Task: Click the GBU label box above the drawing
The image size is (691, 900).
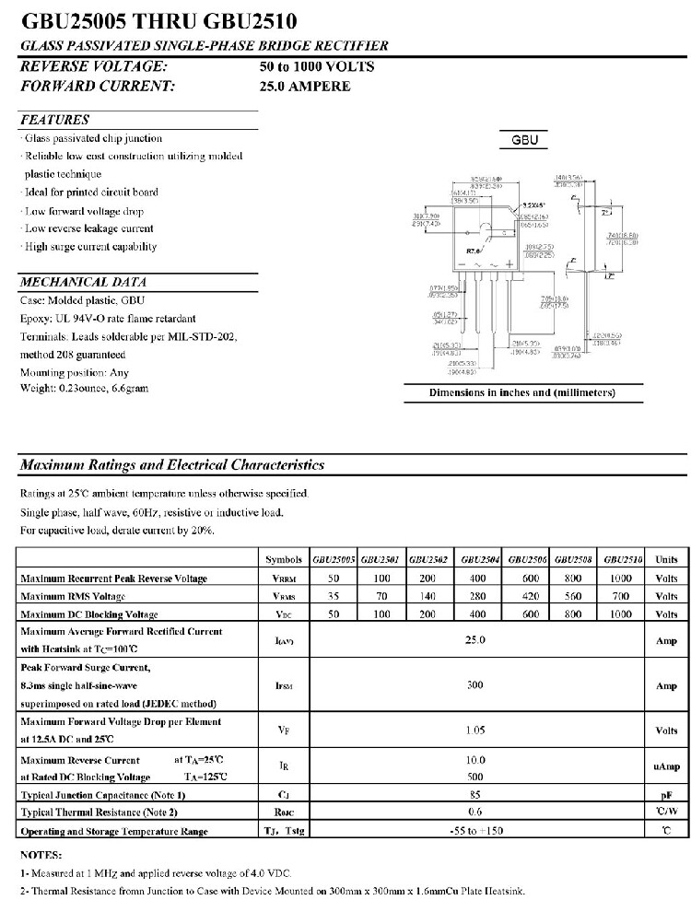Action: (x=523, y=141)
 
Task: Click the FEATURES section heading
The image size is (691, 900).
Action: (x=55, y=120)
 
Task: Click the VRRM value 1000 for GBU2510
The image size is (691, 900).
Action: (x=621, y=578)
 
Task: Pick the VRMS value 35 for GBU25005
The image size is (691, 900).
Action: (x=334, y=596)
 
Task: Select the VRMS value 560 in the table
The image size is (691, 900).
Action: (x=573, y=596)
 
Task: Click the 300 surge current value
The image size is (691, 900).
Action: (x=474, y=685)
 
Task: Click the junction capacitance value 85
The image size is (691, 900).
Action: (x=474, y=794)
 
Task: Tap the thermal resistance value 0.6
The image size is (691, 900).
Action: (x=474, y=812)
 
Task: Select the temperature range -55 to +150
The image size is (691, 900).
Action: (x=474, y=831)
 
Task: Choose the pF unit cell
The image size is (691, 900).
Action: (x=666, y=794)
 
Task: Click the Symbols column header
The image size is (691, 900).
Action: (x=283, y=559)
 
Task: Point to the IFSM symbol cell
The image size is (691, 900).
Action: (x=283, y=686)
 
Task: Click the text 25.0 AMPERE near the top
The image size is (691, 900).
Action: (x=305, y=87)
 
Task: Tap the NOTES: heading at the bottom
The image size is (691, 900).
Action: (x=41, y=855)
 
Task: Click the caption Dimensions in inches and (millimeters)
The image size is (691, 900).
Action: (x=522, y=392)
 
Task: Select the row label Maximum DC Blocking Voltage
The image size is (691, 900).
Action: (x=89, y=614)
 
